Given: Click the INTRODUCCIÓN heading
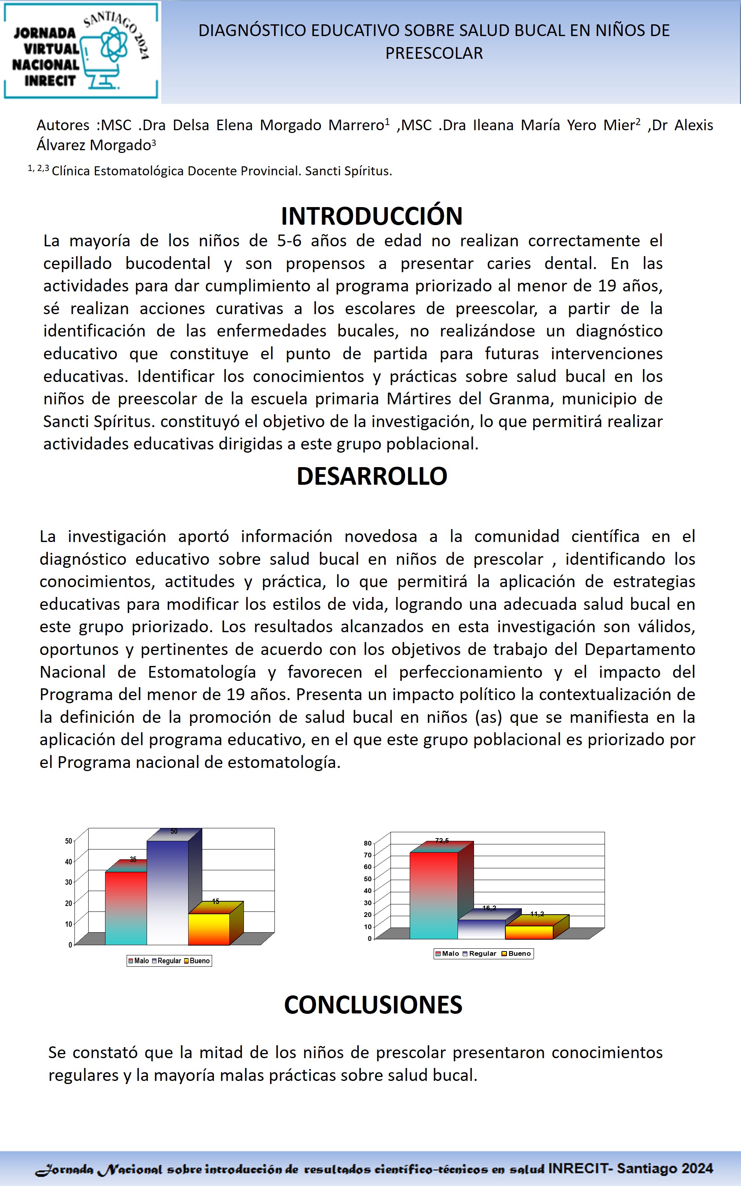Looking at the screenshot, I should (x=372, y=216).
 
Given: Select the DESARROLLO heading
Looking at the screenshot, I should (x=372, y=476).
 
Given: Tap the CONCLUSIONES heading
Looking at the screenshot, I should (x=373, y=1005).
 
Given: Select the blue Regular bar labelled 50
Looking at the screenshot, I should (x=167, y=892).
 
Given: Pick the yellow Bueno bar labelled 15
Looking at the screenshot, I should (x=209, y=929).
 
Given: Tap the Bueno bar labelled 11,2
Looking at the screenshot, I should (x=529, y=932).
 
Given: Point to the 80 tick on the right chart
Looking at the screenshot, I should (x=368, y=844).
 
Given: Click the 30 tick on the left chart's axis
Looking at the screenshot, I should (x=69, y=882).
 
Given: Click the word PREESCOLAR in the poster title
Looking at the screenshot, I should (x=434, y=53).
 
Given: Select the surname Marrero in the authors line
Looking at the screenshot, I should (x=356, y=126).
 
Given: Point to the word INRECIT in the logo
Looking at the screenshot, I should (x=50, y=81).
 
